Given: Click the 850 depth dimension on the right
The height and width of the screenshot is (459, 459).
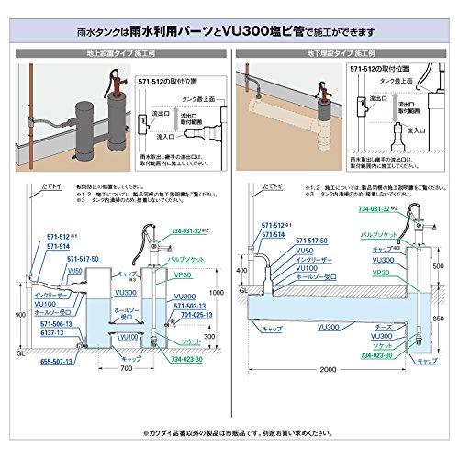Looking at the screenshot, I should pos(438,317).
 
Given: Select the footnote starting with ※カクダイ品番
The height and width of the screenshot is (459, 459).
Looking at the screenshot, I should pos(229,430).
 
